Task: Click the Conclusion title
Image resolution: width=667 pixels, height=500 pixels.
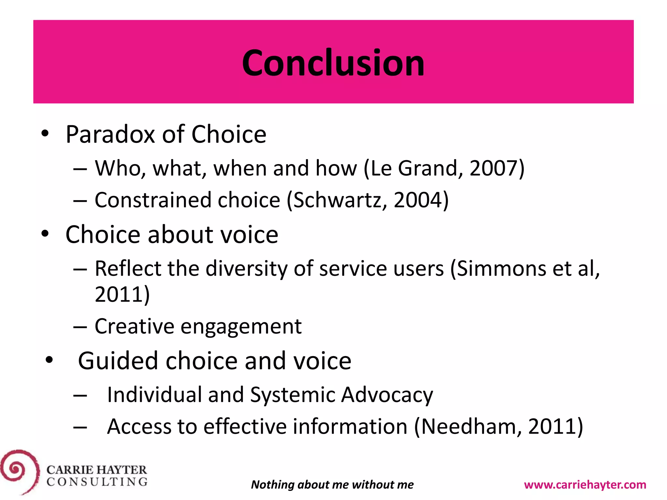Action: [333, 62]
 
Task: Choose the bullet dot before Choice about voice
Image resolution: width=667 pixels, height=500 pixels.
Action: [45, 233]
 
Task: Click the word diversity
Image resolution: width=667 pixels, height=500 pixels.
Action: [246, 269]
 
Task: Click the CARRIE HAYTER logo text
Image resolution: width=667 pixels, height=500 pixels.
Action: [97, 470]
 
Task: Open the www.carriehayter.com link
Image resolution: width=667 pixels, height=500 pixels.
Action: [585, 485]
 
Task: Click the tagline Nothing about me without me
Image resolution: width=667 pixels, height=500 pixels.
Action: [332, 485]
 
